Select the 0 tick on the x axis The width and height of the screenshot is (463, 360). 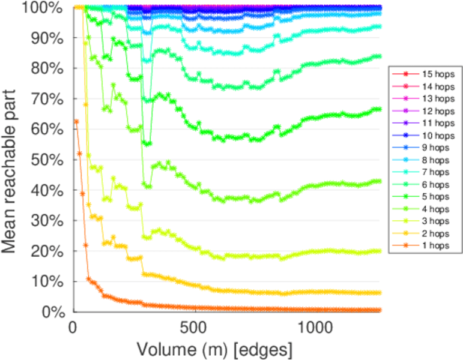click(73, 328)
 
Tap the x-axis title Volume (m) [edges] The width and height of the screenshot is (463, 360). click(214, 349)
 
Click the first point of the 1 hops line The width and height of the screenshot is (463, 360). click(76, 121)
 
